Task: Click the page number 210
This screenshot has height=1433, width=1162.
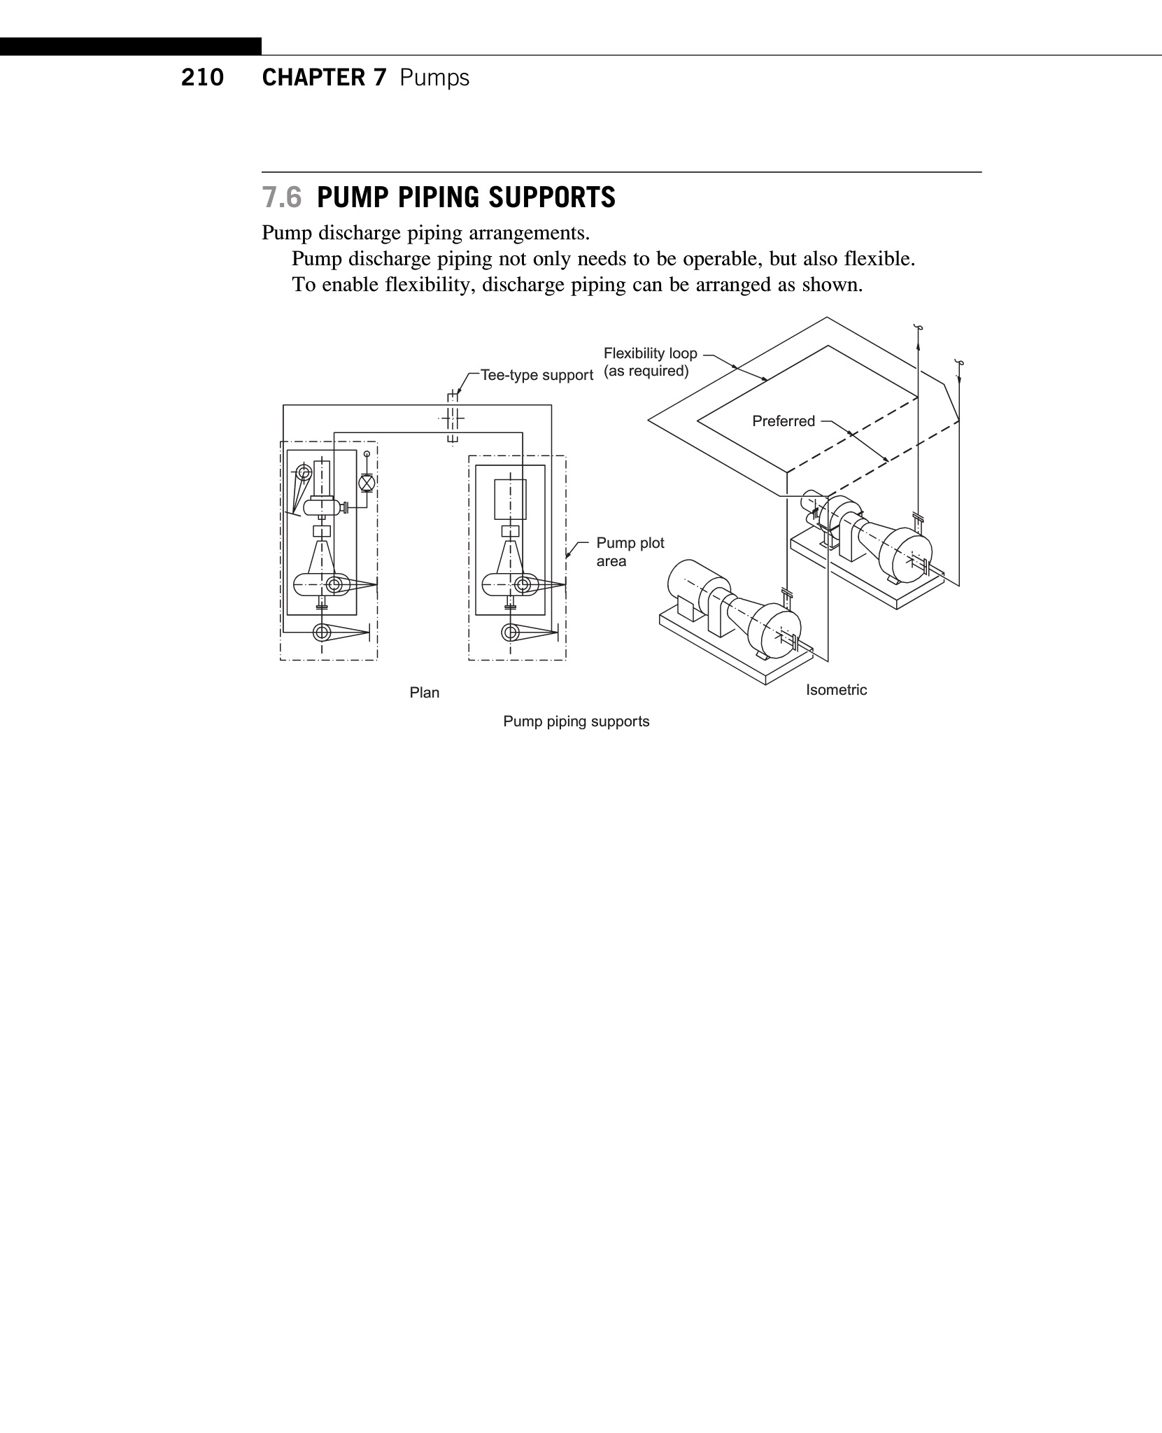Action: [x=202, y=78]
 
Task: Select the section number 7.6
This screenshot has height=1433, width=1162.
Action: [x=281, y=198]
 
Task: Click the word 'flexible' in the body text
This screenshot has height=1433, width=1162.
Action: [x=878, y=259]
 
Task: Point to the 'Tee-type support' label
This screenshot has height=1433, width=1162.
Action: [x=536, y=376]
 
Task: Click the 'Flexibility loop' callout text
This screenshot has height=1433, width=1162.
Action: [x=650, y=353]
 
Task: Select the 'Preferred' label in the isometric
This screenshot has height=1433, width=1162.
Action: [x=783, y=421]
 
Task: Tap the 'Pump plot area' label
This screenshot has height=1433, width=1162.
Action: [x=630, y=552]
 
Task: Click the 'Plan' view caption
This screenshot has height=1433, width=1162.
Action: [x=424, y=693]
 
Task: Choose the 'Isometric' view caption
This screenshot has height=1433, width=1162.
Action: [x=836, y=690]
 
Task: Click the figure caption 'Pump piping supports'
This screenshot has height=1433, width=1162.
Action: [x=576, y=721]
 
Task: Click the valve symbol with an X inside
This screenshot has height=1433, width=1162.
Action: [x=366, y=483]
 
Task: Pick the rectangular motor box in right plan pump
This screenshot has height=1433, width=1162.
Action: [x=510, y=500]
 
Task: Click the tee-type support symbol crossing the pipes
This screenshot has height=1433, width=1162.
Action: [x=453, y=418]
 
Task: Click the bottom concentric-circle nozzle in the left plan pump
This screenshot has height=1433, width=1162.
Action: [x=322, y=633]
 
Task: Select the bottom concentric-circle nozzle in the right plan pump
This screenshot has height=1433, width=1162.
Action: [x=511, y=633]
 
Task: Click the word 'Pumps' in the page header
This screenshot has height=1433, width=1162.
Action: [x=434, y=78]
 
